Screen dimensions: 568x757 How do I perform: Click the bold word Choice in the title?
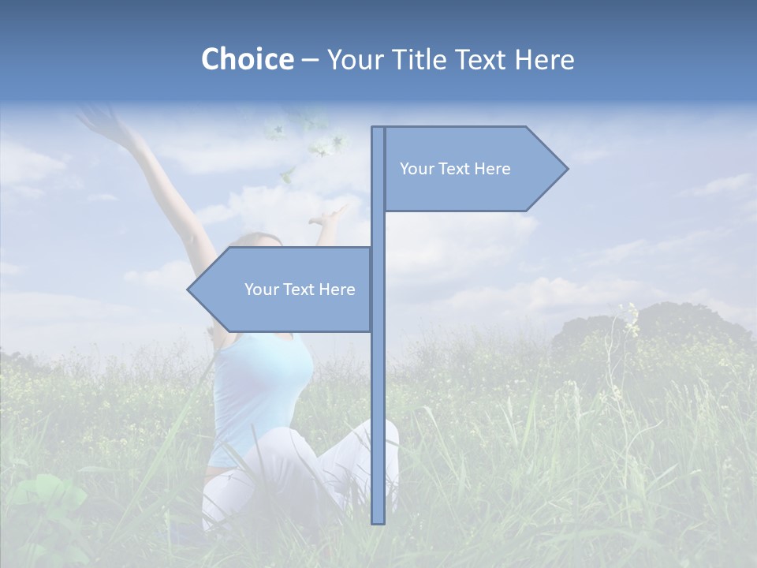pyautogui.click(x=247, y=59)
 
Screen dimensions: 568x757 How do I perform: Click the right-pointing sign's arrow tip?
pyautogui.click(x=565, y=168)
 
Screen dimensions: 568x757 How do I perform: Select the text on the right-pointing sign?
pyautogui.click(x=455, y=169)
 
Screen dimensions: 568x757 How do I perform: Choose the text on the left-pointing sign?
pyautogui.click(x=300, y=290)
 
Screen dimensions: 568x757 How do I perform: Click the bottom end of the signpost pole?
pyautogui.click(x=378, y=520)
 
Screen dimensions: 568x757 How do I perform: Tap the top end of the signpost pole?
pyautogui.click(x=378, y=129)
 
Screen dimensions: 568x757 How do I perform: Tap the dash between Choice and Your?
pyautogui.click(x=310, y=60)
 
